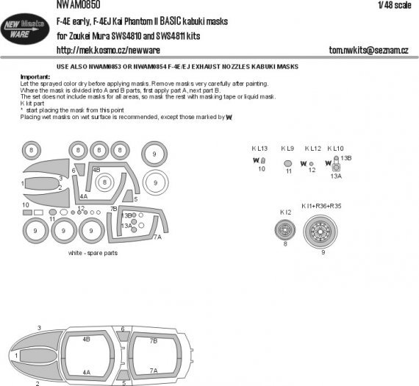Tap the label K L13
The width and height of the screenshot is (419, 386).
tap(260, 148)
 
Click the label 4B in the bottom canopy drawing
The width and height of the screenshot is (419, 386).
tap(87, 340)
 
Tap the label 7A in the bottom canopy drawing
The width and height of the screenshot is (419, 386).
tap(154, 371)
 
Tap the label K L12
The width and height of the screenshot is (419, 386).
tap(312, 148)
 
